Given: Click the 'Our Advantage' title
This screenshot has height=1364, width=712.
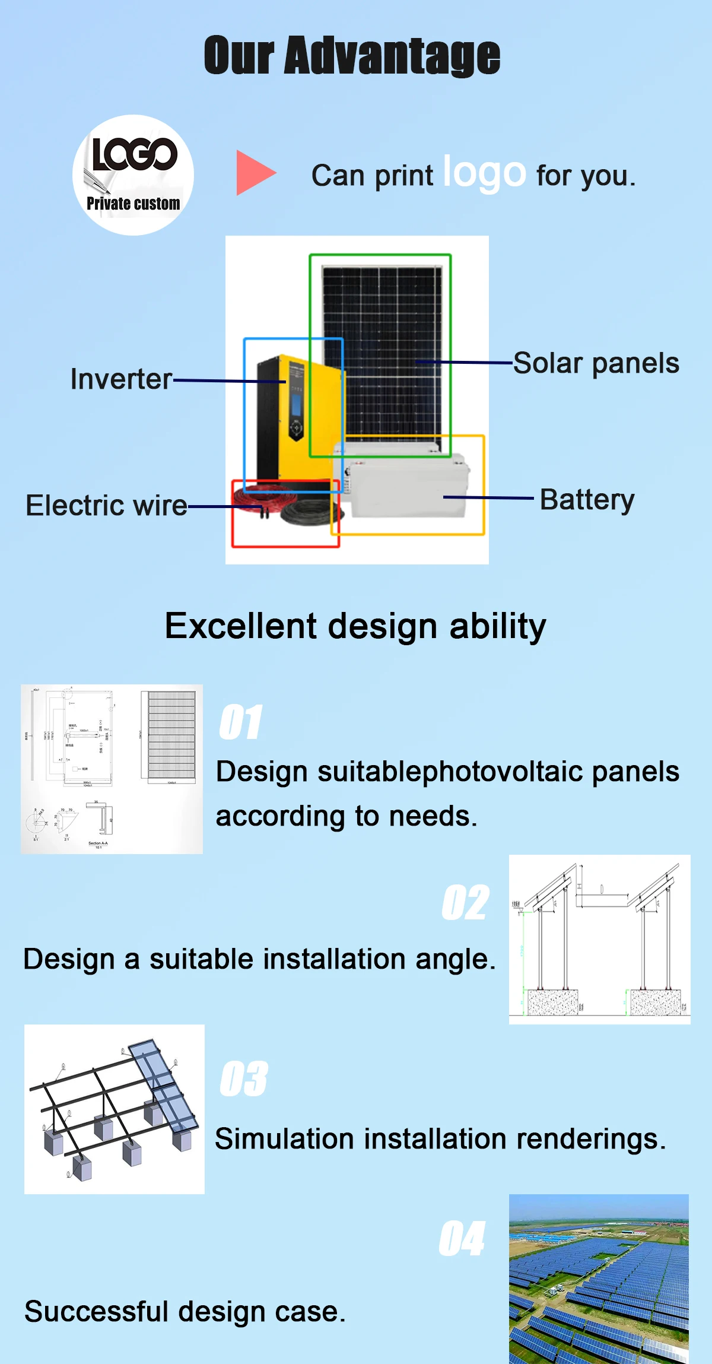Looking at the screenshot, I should pyautogui.click(x=352, y=56).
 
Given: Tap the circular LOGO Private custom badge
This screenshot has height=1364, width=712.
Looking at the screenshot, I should pyautogui.click(x=133, y=175).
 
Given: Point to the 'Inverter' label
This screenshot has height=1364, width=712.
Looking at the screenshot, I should pyautogui.click(x=121, y=379).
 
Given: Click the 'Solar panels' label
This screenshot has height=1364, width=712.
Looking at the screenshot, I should pyautogui.click(x=596, y=363).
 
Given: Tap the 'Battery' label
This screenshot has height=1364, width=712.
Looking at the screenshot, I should pyautogui.click(x=587, y=500).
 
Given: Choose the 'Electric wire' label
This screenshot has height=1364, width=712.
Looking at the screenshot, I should pyautogui.click(x=106, y=506).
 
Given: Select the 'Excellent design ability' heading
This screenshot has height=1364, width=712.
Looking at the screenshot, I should pyautogui.click(x=355, y=626).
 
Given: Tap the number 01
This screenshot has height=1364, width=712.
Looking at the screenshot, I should pyautogui.click(x=240, y=722).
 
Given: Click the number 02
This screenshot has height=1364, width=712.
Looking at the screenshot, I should pyautogui.click(x=466, y=903).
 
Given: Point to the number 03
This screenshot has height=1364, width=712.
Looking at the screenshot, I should pyautogui.click(x=243, y=1078).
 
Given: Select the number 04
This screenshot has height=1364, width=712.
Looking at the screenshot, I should pyautogui.click(x=462, y=1238).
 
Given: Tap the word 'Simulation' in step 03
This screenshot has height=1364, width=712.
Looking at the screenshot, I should pyautogui.click(x=285, y=1139).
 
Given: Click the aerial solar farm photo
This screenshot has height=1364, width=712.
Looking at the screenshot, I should pyautogui.click(x=599, y=1279).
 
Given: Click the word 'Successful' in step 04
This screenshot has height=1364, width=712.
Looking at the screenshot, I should pyautogui.click(x=96, y=1311).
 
